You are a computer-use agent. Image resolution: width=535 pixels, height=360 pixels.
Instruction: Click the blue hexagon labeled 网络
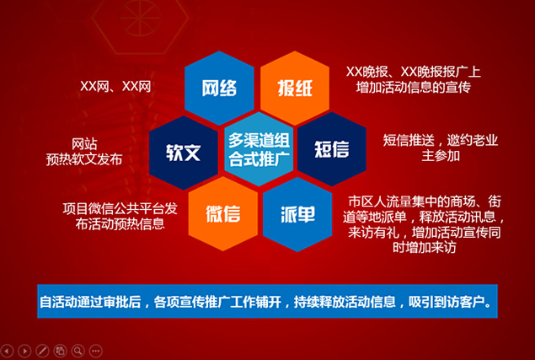point(219,88)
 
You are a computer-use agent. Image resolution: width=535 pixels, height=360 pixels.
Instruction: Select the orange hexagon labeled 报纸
point(295,88)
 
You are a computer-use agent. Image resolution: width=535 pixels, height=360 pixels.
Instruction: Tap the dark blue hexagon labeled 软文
point(184,153)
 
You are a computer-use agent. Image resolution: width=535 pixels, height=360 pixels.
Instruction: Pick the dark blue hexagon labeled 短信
point(332,149)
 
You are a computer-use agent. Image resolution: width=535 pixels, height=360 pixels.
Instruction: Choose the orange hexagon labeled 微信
point(222,214)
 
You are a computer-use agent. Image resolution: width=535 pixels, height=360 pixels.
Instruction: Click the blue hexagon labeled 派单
point(297,214)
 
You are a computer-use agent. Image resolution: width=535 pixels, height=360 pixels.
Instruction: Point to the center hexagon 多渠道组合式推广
point(259,149)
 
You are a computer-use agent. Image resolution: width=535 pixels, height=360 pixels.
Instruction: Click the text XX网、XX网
point(115,86)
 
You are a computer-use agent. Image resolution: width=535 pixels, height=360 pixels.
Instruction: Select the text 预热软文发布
point(84,159)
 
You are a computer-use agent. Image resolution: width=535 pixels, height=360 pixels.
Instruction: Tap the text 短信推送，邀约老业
point(440,140)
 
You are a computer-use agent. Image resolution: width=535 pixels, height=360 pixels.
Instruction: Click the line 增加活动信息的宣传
point(414,87)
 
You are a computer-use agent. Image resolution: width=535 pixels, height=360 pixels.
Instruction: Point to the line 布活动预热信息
point(120,223)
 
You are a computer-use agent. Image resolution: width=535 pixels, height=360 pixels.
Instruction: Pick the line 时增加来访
point(424,247)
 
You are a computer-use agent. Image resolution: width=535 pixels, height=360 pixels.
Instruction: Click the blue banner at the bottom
point(268,301)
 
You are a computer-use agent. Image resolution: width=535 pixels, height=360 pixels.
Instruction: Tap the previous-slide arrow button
point(7,351)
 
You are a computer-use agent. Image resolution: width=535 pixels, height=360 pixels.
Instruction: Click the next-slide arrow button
point(24,351)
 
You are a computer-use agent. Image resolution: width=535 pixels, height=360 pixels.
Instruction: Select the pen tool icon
point(42,351)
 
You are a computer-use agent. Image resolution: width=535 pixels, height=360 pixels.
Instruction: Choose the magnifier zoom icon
point(78,351)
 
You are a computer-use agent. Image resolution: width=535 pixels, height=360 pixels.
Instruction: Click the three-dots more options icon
point(95,351)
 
